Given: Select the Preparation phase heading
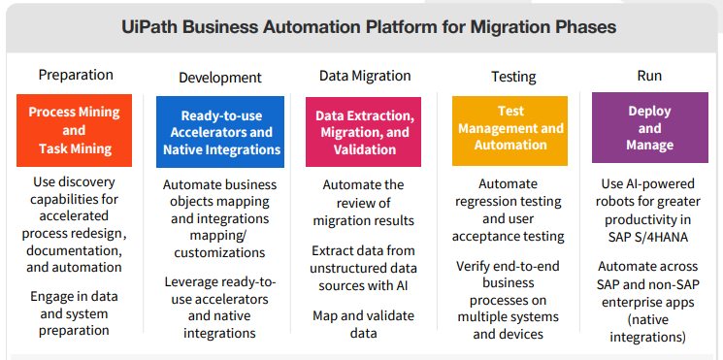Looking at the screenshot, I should (x=76, y=75).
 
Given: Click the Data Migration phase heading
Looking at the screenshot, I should (x=365, y=75).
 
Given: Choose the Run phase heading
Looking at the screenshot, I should (x=649, y=75).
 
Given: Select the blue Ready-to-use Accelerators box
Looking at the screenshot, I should (x=222, y=131).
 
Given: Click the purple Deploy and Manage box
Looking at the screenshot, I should (x=649, y=128).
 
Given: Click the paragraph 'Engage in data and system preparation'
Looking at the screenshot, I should (x=76, y=311).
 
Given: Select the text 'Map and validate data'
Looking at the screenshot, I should (x=365, y=324).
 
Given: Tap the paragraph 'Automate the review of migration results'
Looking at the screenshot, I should (x=365, y=202).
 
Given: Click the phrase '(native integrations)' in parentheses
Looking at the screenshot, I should (x=649, y=328).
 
